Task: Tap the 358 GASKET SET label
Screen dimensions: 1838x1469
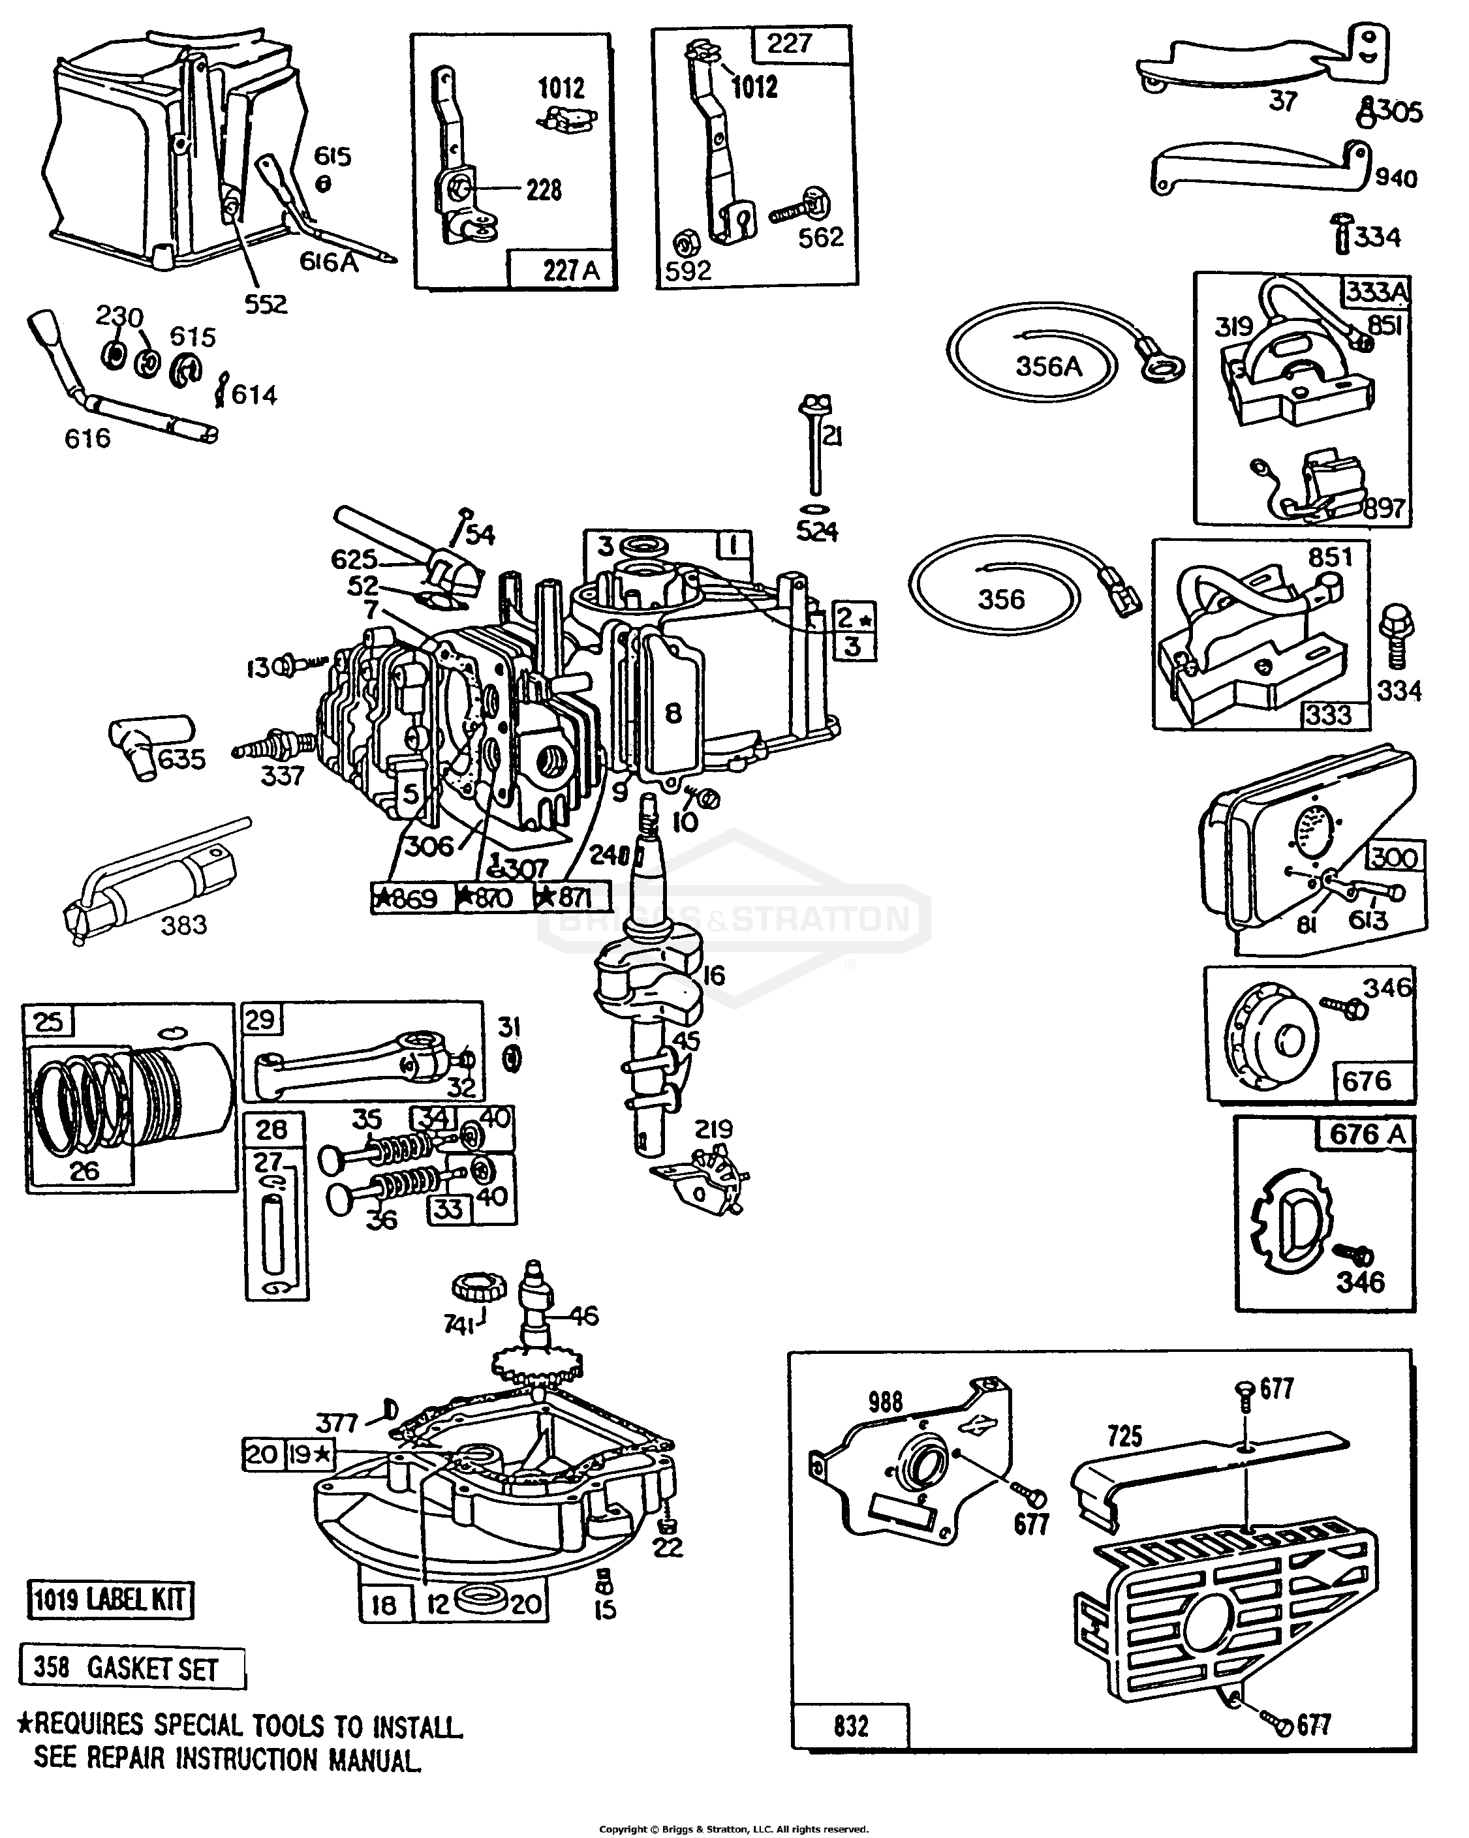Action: pos(130,1668)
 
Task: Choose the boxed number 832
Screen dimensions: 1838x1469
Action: pos(850,1726)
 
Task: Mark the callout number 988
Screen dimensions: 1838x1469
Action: pos(885,1401)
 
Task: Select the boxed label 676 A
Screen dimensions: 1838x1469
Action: pos(1366,1134)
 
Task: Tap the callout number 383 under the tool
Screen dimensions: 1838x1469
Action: pos(183,924)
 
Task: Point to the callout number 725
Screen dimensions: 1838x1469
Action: pos(1124,1435)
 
